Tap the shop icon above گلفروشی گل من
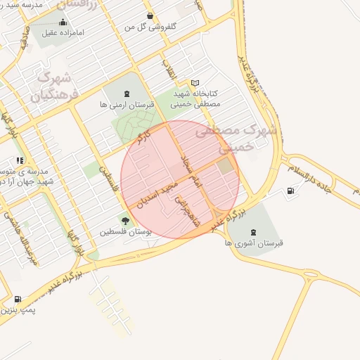click(x=149, y=15)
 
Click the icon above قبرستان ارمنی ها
click(x=126, y=94)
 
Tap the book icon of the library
click(x=195, y=83)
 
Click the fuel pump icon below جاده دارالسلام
click(x=290, y=191)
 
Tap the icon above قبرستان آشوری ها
click(x=253, y=231)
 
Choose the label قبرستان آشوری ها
click(x=254, y=242)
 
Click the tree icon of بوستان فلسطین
click(x=125, y=221)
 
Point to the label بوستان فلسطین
click(x=125, y=231)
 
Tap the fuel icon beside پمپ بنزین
click(x=18, y=299)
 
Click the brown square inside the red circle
click(x=225, y=167)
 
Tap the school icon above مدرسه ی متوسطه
click(x=20, y=160)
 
